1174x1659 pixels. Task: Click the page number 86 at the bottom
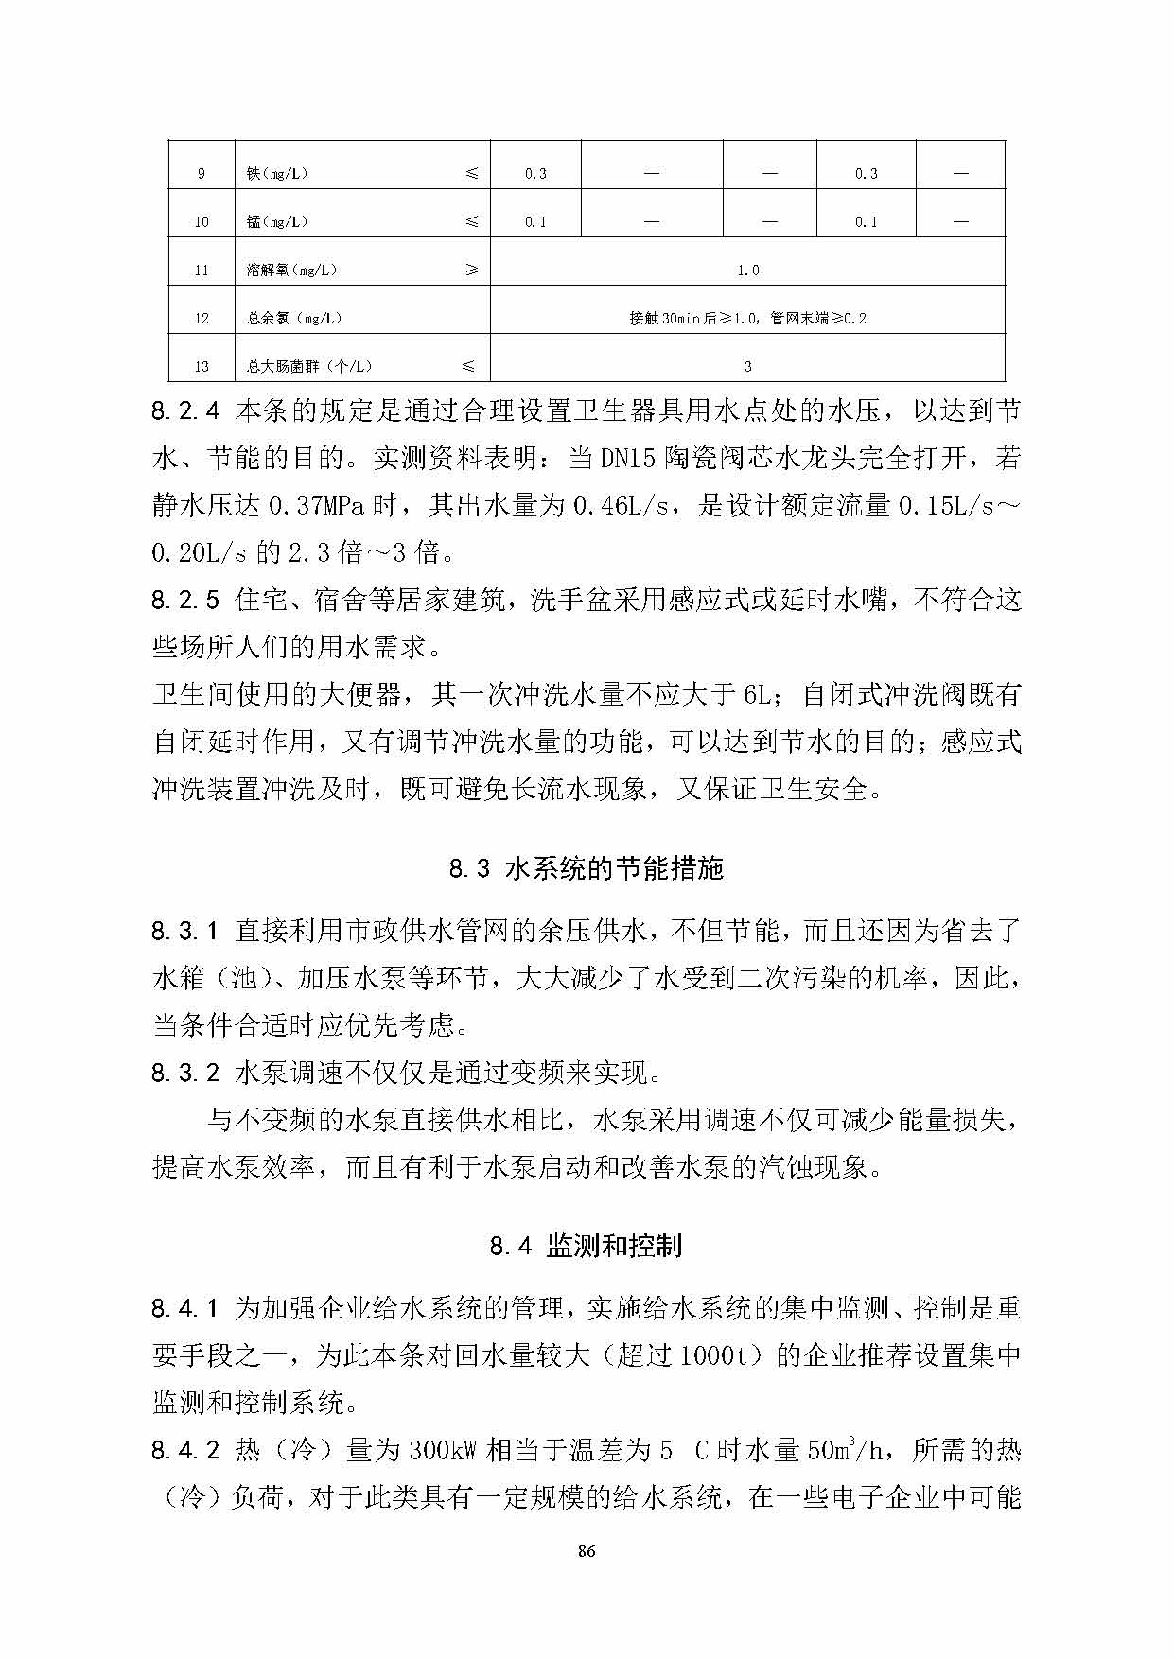[x=587, y=1551]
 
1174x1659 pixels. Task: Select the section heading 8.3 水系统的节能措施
[x=586, y=868]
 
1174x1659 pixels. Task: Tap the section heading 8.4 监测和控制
[x=586, y=1246]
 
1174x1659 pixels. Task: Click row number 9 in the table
[x=202, y=174]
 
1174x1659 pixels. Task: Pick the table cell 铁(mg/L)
[x=277, y=174]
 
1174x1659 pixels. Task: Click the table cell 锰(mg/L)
[x=277, y=222]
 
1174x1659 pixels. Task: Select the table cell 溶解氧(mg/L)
[x=291, y=271]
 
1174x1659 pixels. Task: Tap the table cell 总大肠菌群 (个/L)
[x=309, y=367]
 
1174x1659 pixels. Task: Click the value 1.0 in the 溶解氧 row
[x=747, y=271]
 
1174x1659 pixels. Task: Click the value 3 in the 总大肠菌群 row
[x=747, y=367]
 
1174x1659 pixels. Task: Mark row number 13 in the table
[x=202, y=367]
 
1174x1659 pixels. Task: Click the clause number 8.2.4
[x=185, y=411]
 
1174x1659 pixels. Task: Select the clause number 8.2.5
[x=185, y=600]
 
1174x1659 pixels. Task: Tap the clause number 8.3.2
[x=185, y=1073]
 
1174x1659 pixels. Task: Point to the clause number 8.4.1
[x=185, y=1309]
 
